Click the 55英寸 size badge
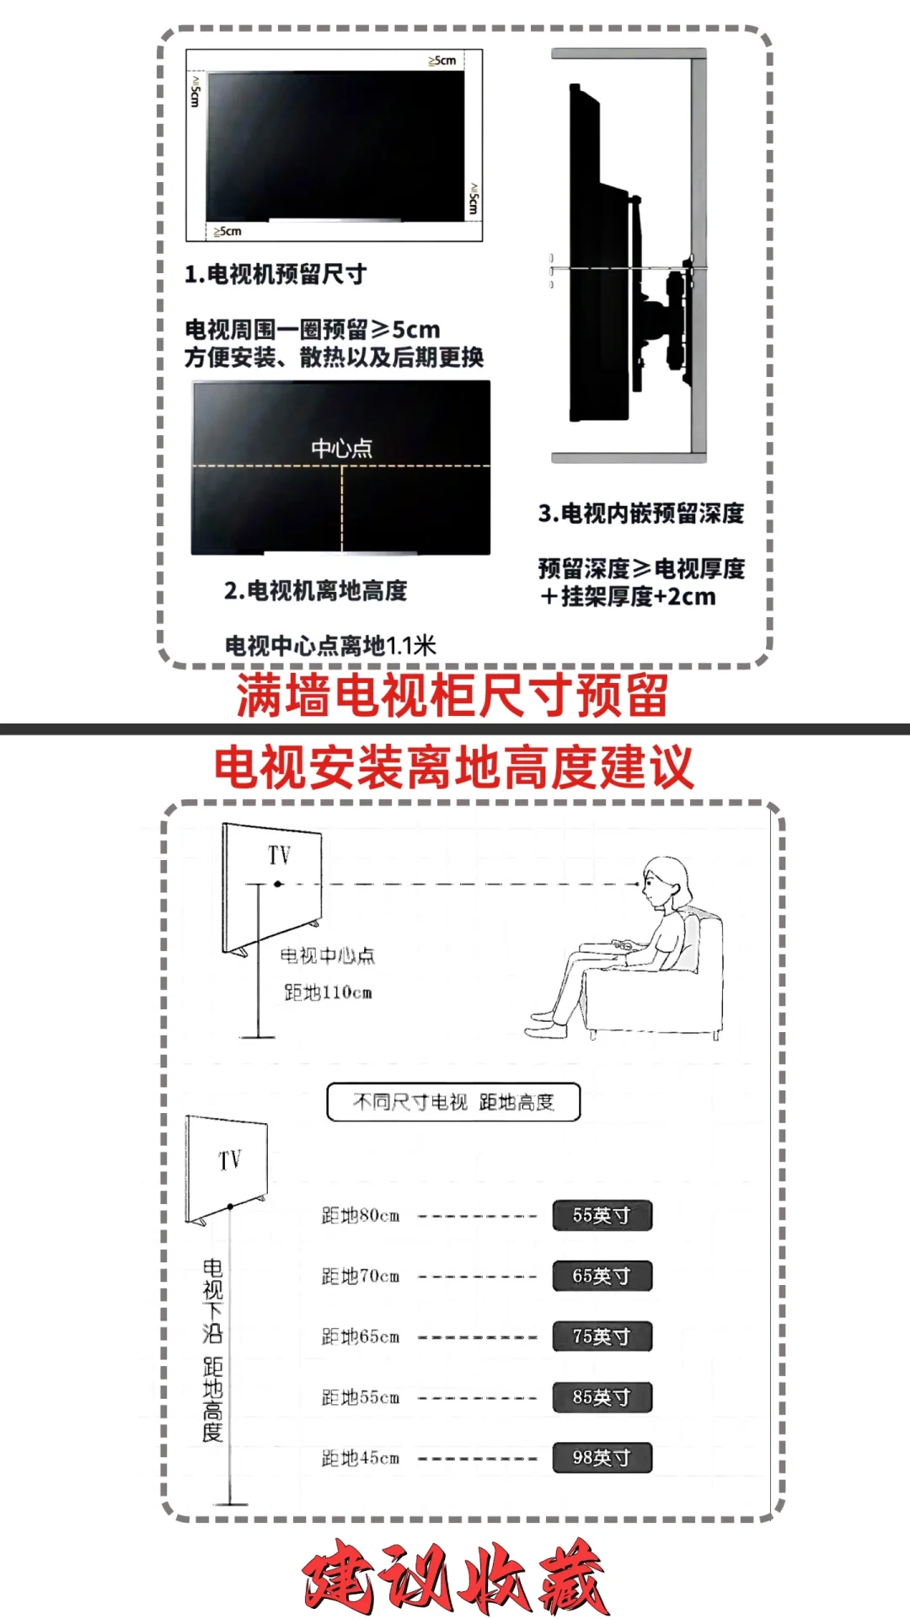point(602,1215)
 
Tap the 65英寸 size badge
point(602,1276)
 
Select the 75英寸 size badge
point(602,1337)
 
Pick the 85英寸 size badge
point(602,1397)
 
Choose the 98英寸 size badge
point(602,1458)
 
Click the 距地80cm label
point(361,1215)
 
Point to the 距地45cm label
point(361,1458)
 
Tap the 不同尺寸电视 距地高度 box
point(453,1102)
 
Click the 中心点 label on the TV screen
point(341,448)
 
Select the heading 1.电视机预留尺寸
point(276,274)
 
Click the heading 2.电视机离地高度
point(316,590)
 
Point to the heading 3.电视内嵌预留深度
point(641,513)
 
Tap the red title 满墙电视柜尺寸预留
point(452,696)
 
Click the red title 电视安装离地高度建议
point(454,767)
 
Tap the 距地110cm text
point(328,992)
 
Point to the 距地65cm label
point(361,1337)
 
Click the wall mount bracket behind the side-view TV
point(666,316)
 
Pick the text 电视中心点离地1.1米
point(330,646)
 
